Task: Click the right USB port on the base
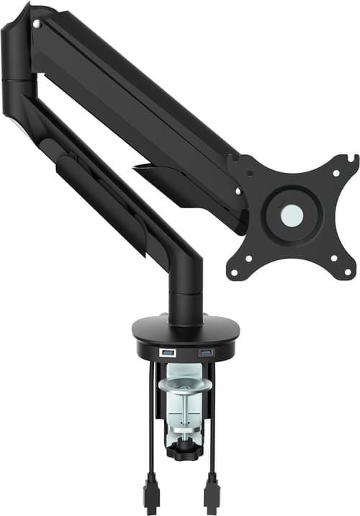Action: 206,352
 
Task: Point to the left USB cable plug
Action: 151,494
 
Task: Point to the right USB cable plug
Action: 212,494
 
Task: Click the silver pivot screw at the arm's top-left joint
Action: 36,25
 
